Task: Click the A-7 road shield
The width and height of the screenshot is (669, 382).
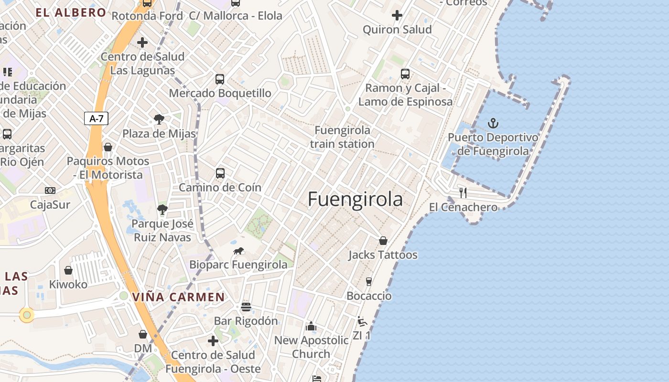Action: point(96,118)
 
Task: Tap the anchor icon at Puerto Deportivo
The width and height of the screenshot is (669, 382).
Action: point(493,124)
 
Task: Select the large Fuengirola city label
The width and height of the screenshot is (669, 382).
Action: point(355,199)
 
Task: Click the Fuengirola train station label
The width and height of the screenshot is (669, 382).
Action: point(342,137)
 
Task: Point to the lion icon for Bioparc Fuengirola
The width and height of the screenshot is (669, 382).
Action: point(238,251)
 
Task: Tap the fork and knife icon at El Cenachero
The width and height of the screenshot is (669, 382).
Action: point(463,193)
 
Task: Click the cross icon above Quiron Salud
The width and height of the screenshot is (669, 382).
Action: point(397,16)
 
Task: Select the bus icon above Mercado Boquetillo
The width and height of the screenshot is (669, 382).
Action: point(220,79)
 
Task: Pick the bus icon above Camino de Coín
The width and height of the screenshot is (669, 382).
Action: point(220,173)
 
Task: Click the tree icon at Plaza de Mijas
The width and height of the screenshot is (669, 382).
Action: point(159,119)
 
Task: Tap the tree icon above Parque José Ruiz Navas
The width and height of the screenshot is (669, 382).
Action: point(162,209)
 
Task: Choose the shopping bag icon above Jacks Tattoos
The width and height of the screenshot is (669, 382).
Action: point(383,241)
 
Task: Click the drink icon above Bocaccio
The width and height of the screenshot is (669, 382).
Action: point(368,282)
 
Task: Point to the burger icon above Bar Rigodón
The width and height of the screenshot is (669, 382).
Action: point(246,307)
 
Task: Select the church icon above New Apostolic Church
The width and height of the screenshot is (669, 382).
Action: point(311,326)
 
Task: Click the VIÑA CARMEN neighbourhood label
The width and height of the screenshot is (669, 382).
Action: point(178,297)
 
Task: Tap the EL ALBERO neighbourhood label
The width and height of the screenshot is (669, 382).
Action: point(71,13)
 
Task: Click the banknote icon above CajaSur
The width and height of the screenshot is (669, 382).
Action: point(50,191)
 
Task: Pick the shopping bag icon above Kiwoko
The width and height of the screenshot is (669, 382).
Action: point(68,270)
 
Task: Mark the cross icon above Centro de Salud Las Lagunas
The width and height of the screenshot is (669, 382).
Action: point(142,42)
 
